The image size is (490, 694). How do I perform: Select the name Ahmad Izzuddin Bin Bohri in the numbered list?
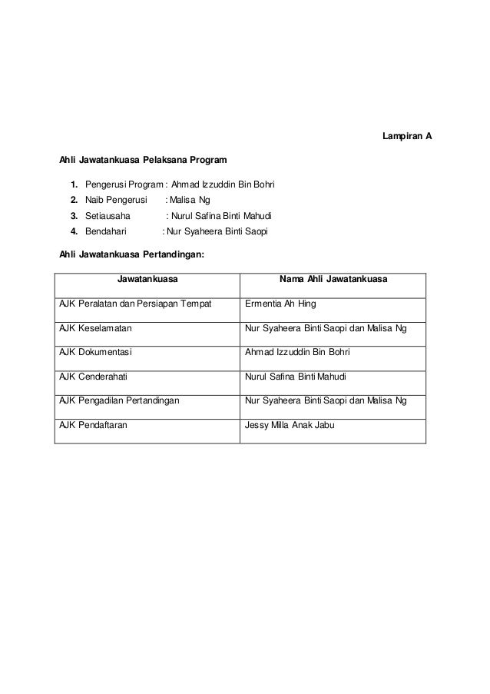click(x=223, y=185)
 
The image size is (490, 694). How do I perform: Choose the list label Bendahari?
click(x=106, y=231)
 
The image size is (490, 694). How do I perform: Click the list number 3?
click(x=74, y=216)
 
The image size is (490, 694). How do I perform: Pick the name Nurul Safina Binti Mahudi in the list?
click(x=223, y=216)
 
